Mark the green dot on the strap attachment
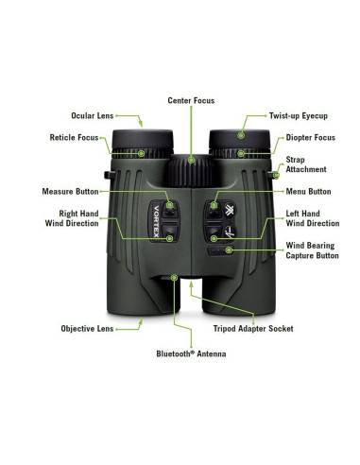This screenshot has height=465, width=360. (276, 174)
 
